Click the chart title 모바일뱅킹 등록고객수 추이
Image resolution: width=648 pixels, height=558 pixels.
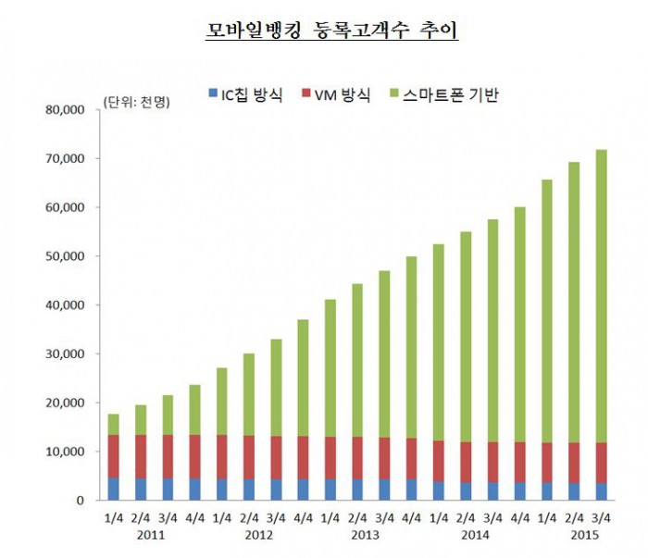pyautogui.click(x=330, y=31)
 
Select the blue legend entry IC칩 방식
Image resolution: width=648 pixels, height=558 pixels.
pyautogui.click(x=245, y=93)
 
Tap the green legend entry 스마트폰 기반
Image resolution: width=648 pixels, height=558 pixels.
pyautogui.click(x=444, y=93)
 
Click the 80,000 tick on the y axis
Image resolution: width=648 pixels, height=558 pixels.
pyautogui.click(x=65, y=110)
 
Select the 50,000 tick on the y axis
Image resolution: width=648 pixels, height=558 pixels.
pyautogui.click(x=65, y=256)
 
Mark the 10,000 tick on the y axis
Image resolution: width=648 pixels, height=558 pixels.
pyautogui.click(x=65, y=452)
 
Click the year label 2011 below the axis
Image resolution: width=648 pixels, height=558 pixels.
pyautogui.click(x=151, y=536)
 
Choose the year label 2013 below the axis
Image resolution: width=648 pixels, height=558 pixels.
pyautogui.click(x=365, y=536)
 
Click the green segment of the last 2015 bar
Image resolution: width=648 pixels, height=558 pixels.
pyautogui.click(x=600, y=296)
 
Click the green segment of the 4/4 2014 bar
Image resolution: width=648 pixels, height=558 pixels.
pyautogui.click(x=519, y=325)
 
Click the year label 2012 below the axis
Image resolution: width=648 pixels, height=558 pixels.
pyautogui.click(x=258, y=536)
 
